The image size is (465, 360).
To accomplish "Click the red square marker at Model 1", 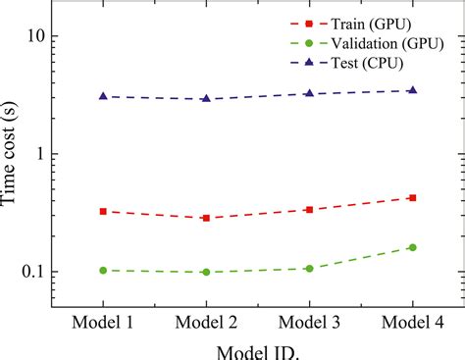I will (103, 211).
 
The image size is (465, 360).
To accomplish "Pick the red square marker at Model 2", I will (206, 218).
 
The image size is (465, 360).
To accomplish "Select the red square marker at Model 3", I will (309, 210).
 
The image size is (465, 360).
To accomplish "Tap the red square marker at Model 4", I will (412, 197).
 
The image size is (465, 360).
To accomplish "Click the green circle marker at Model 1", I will (103, 270).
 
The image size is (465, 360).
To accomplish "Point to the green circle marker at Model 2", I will (206, 272).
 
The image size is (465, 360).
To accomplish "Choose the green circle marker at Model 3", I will (309, 268).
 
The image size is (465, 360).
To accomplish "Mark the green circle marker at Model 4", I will (412, 247).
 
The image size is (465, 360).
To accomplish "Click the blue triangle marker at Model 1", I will (103, 96).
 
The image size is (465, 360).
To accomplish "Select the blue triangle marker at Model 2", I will (206, 98).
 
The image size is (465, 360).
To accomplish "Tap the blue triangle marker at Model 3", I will (309, 93).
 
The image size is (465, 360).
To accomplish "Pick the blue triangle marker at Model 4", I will (412, 89).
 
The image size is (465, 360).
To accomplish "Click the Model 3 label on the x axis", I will (309, 321).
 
